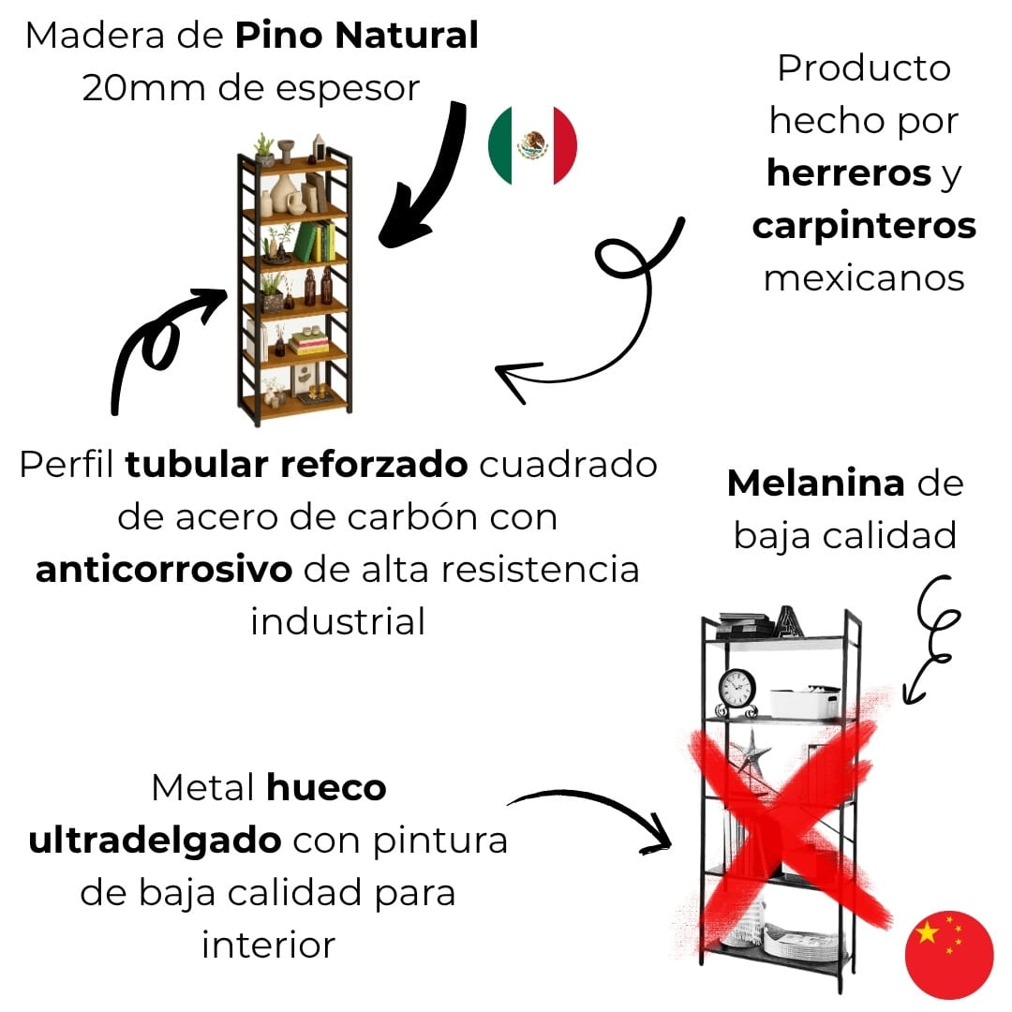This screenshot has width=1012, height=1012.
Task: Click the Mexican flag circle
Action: click(532, 145)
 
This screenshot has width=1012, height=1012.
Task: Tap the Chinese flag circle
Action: click(948, 952)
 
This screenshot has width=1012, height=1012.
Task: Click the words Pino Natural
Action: click(357, 37)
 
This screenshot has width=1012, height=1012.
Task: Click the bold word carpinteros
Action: click(864, 226)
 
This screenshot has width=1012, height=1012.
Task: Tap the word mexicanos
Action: click(864, 278)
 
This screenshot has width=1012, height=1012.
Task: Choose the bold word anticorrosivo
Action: click(164, 570)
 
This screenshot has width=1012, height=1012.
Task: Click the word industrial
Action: click(337, 621)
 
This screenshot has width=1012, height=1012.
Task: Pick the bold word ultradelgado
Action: click(156, 841)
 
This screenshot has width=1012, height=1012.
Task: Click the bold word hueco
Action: click(326, 788)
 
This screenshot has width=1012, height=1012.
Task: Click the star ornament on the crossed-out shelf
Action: click(750, 752)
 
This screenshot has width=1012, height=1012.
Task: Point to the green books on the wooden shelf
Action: click(315, 242)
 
